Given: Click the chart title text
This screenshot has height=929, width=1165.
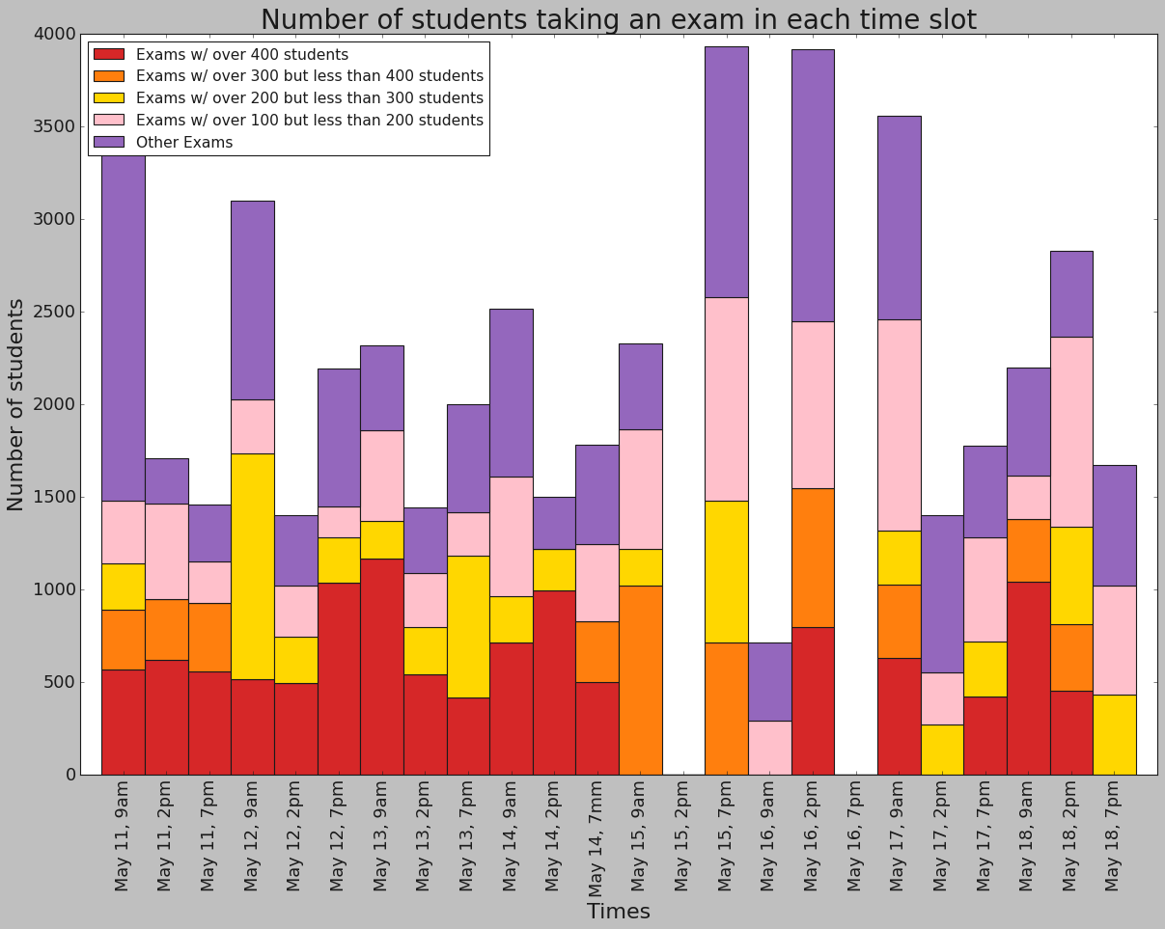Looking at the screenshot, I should [x=618, y=19].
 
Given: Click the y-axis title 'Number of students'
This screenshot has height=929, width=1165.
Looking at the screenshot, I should [x=16, y=404].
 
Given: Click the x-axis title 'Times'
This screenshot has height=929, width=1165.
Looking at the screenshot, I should [x=618, y=912].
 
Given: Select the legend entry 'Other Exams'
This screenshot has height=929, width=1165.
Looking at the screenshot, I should [x=183, y=143].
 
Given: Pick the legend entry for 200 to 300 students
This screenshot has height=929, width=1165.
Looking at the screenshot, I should [x=309, y=98].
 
